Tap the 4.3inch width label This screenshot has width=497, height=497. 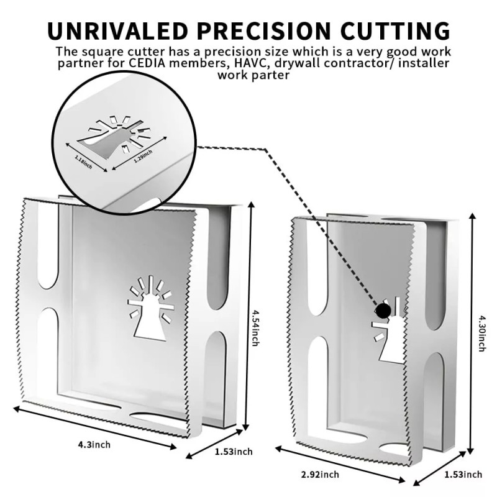coord(94,444)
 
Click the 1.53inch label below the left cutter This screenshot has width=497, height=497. coord(234,452)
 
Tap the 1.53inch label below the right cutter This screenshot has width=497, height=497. coord(463,475)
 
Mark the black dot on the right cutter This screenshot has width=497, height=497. coord(383,309)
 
